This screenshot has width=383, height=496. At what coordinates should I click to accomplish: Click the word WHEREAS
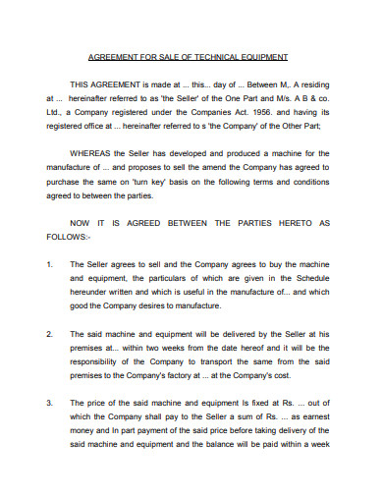91,153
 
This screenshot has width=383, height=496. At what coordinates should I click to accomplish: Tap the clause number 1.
49,264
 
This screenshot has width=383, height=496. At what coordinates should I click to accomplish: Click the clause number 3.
49,402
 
